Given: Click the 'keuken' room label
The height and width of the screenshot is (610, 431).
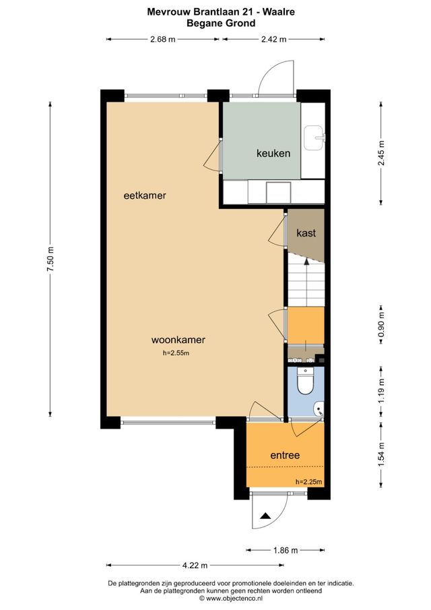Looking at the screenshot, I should [273, 153].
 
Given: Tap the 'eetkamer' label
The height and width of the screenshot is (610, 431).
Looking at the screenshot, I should [145, 195].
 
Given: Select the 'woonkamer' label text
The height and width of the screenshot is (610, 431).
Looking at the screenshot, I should [178, 340].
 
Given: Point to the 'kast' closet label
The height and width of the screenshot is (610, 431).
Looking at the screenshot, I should [306, 233].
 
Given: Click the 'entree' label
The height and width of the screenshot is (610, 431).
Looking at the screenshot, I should [285, 455].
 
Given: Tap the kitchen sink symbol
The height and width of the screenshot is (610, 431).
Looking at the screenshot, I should [313, 138].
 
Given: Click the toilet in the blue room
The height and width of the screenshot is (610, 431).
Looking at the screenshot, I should [305, 382].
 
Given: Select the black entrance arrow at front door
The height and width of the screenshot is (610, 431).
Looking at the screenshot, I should [265, 516].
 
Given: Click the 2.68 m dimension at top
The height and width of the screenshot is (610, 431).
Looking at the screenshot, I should [162, 39].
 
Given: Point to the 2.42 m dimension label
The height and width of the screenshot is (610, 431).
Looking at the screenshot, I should [273, 39].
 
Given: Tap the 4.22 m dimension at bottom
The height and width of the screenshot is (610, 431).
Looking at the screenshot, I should [194, 565].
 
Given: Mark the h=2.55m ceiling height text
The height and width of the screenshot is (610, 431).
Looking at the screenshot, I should [176, 353].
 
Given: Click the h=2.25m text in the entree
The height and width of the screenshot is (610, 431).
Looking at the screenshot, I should [308, 481].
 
